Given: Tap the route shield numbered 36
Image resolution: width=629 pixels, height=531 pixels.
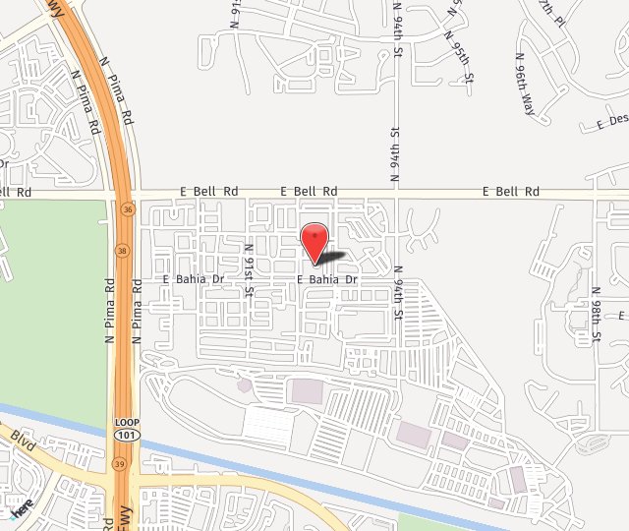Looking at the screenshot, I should (128, 208).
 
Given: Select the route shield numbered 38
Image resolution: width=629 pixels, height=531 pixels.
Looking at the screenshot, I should (121, 250).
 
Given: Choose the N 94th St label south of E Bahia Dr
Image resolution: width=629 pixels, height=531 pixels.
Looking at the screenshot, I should (398, 294).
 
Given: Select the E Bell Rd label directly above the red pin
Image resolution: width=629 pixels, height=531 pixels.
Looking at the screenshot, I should (309, 191).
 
